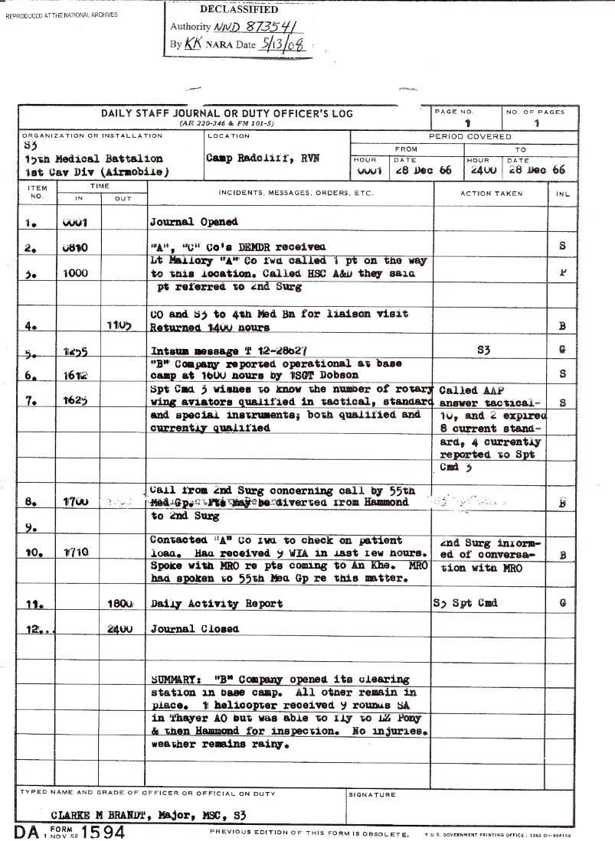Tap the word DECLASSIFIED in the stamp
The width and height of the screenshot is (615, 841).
tap(239, 10)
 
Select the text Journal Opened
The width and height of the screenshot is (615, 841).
tap(194, 222)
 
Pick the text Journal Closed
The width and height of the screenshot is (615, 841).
tap(195, 628)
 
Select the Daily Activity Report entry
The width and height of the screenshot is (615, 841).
tap(216, 603)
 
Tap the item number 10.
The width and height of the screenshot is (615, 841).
tap(31, 553)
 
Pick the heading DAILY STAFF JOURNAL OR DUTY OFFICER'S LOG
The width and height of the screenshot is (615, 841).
tap(227, 114)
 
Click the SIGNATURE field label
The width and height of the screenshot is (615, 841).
tap(372, 794)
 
